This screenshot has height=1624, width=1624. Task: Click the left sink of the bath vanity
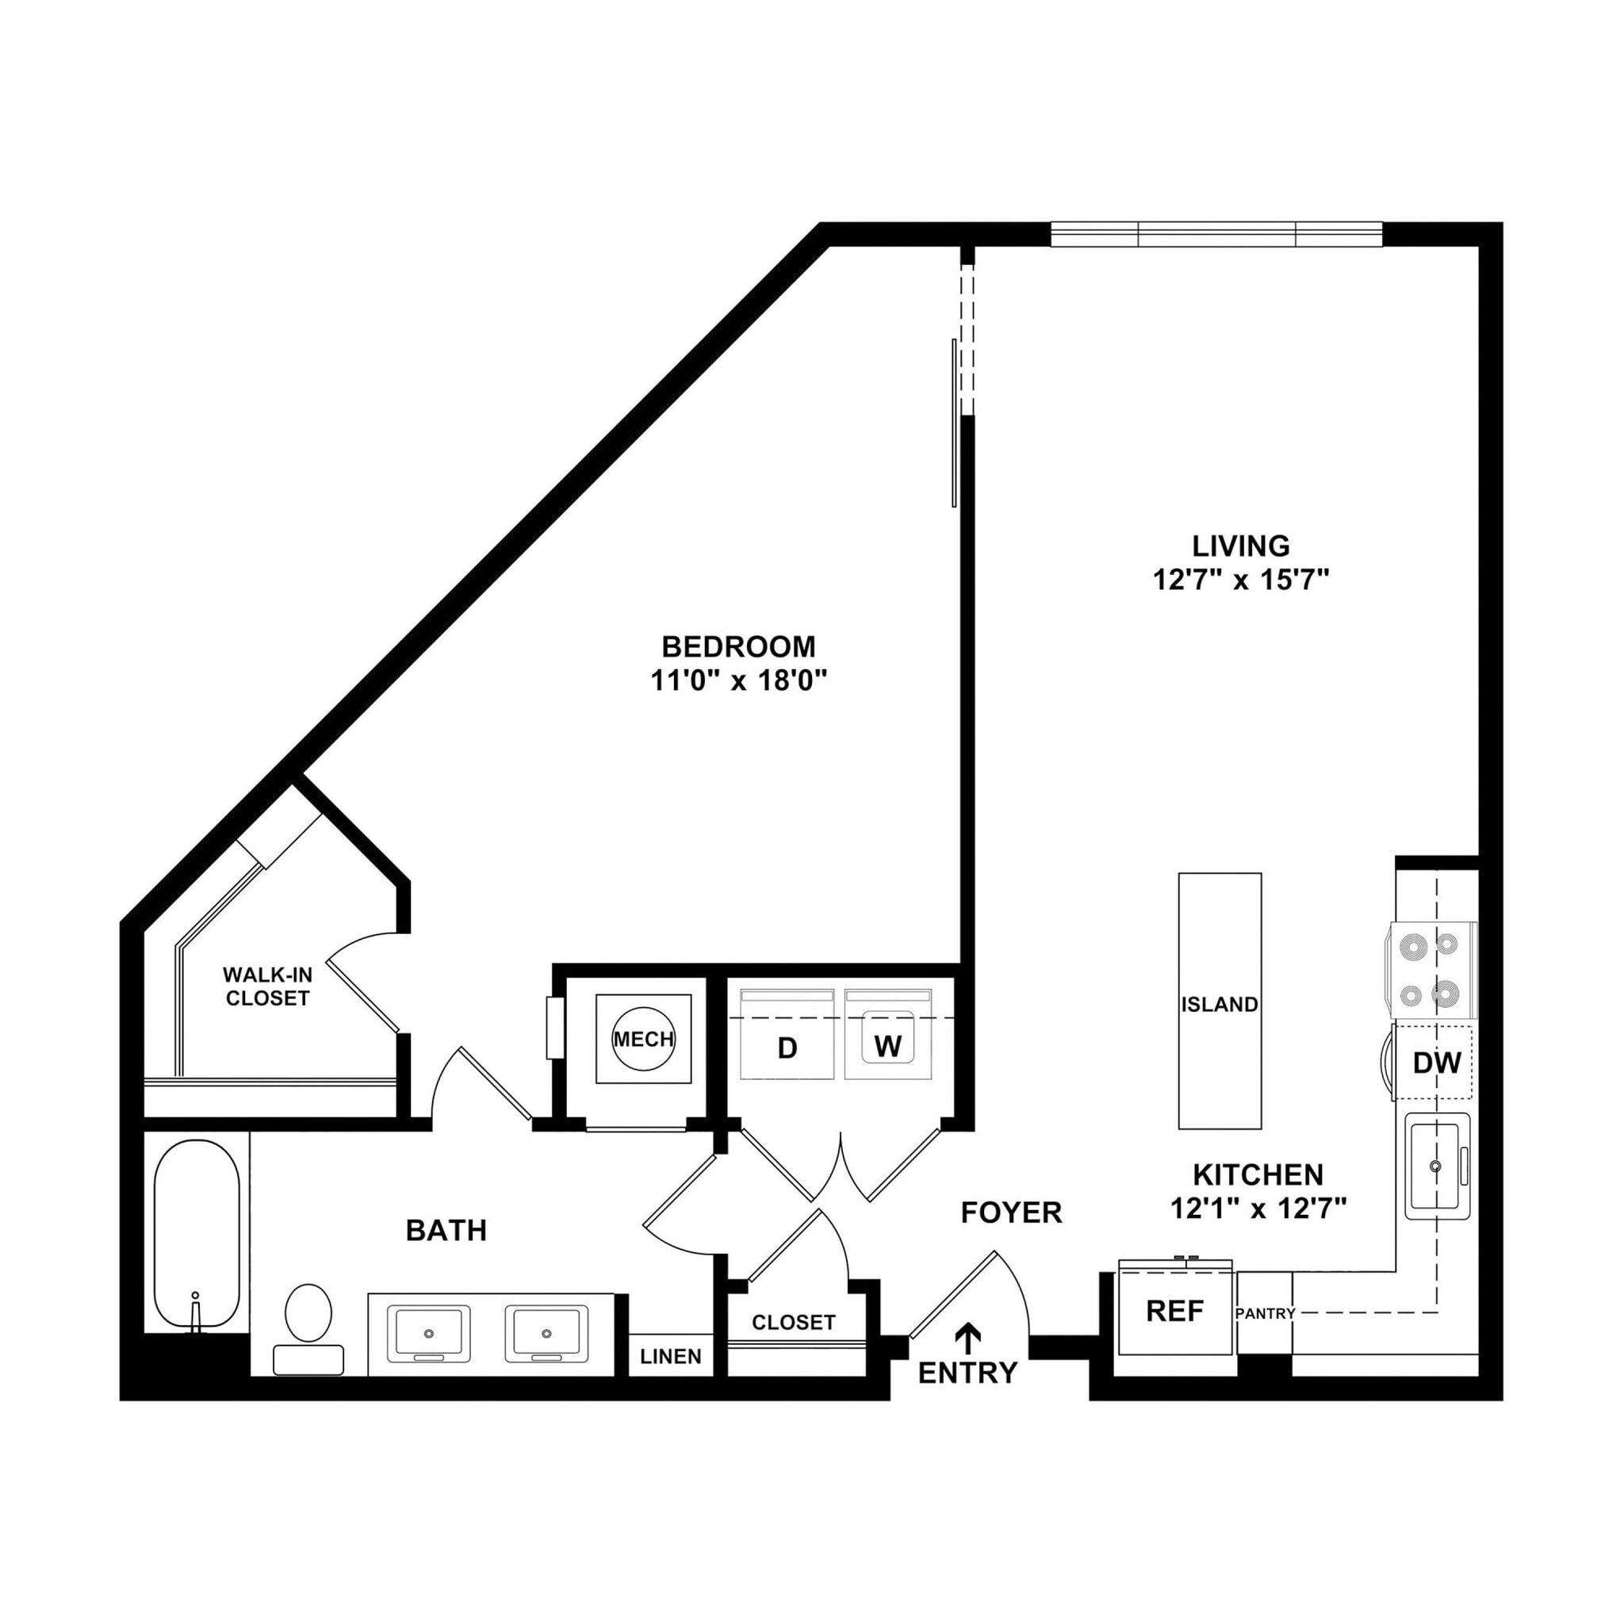[428, 1334]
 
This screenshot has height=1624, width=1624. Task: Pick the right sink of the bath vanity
[546, 1334]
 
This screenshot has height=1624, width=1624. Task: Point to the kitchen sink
[1437, 1166]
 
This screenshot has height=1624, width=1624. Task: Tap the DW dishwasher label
[1437, 1063]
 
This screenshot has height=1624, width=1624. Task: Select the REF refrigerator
[1175, 1311]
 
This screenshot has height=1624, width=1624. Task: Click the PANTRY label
[1265, 1313]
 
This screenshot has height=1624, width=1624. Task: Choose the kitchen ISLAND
[1220, 1005]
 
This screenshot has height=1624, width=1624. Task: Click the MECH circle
[643, 1039]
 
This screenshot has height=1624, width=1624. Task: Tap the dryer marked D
[787, 1048]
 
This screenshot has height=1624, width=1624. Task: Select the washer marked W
[888, 1047]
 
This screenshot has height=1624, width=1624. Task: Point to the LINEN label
[671, 1356]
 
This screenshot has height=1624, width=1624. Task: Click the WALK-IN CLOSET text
[267, 986]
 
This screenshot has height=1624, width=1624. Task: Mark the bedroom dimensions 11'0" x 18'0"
[739, 681]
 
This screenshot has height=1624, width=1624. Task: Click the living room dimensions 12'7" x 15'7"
[1240, 580]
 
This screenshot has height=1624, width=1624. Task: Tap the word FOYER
[1011, 1212]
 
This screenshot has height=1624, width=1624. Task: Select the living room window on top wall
[1216, 235]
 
